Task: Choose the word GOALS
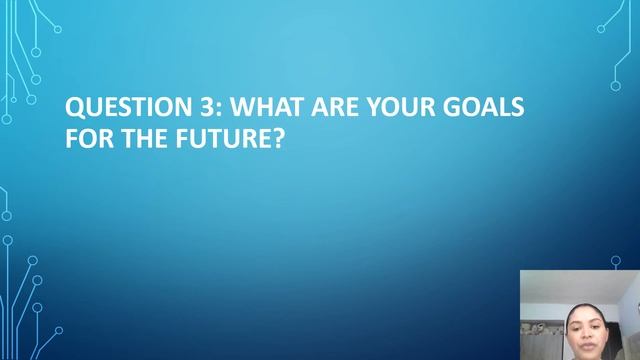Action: pyautogui.click(x=485, y=106)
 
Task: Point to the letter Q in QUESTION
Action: pyautogui.click(x=74, y=106)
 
